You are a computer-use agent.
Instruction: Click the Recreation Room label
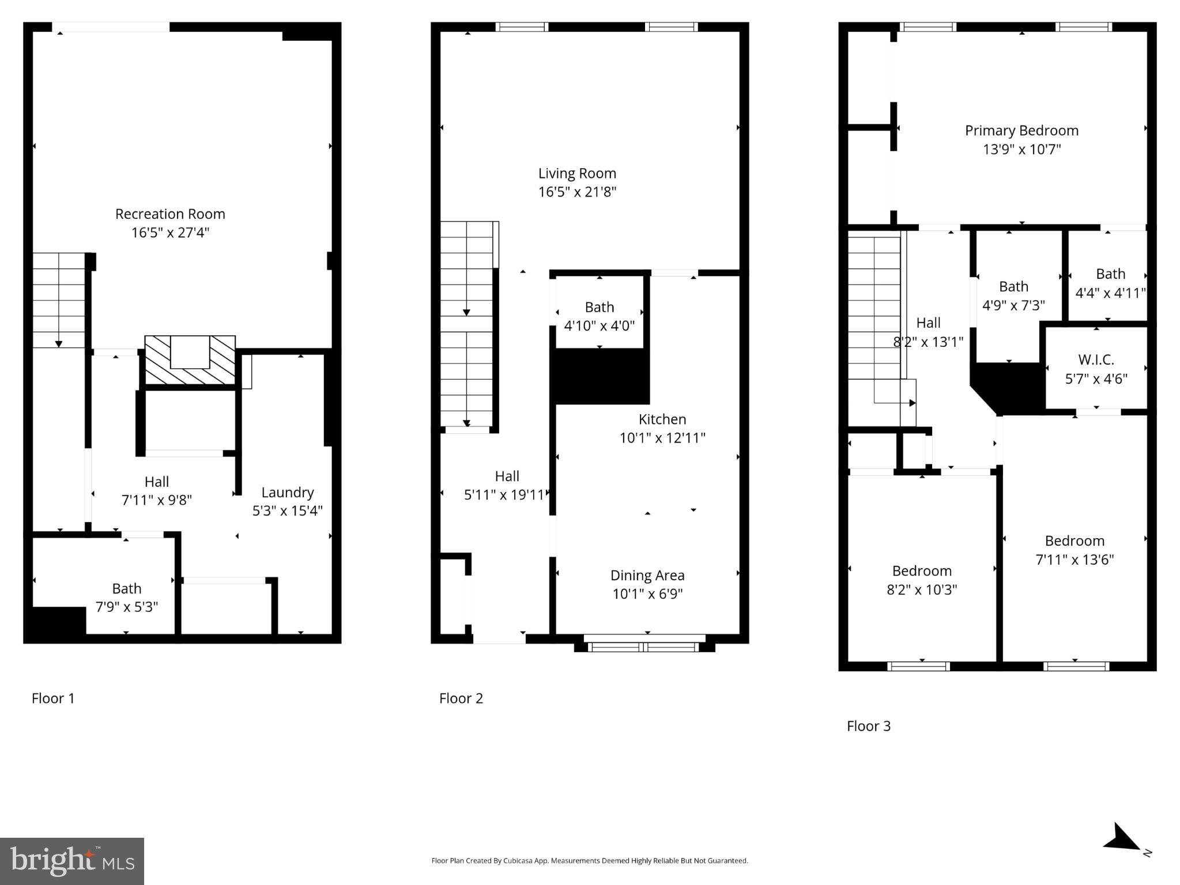(x=170, y=214)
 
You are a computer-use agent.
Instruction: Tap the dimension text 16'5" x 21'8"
(x=577, y=192)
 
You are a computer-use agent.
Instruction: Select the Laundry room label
(x=287, y=492)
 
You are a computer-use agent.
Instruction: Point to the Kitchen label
(x=662, y=419)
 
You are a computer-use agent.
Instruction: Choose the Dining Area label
(x=647, y=575)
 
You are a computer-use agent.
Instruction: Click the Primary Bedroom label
(x=1021, y=131)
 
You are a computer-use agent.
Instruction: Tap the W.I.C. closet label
(x=1096, y=360)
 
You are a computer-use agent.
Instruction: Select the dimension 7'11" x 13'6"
(x=1075, y=559)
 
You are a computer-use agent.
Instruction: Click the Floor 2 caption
(x=461, y=698)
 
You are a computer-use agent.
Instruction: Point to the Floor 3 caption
(x=868, y=726)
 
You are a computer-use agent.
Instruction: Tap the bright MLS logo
(x=72, y=861)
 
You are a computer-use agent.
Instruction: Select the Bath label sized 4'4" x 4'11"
(x=1110, y=274)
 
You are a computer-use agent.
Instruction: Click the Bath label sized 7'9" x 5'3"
(x=126, y=588)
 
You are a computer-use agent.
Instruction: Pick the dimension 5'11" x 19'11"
(x=504, y=495)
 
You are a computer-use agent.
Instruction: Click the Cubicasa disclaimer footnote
(x=589, y=861)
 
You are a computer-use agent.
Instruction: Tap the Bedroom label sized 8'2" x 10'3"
(x=921, y=571)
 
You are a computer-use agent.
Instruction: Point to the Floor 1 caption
(x=53, y=698)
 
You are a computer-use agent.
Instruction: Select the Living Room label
(x=577, y=173)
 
